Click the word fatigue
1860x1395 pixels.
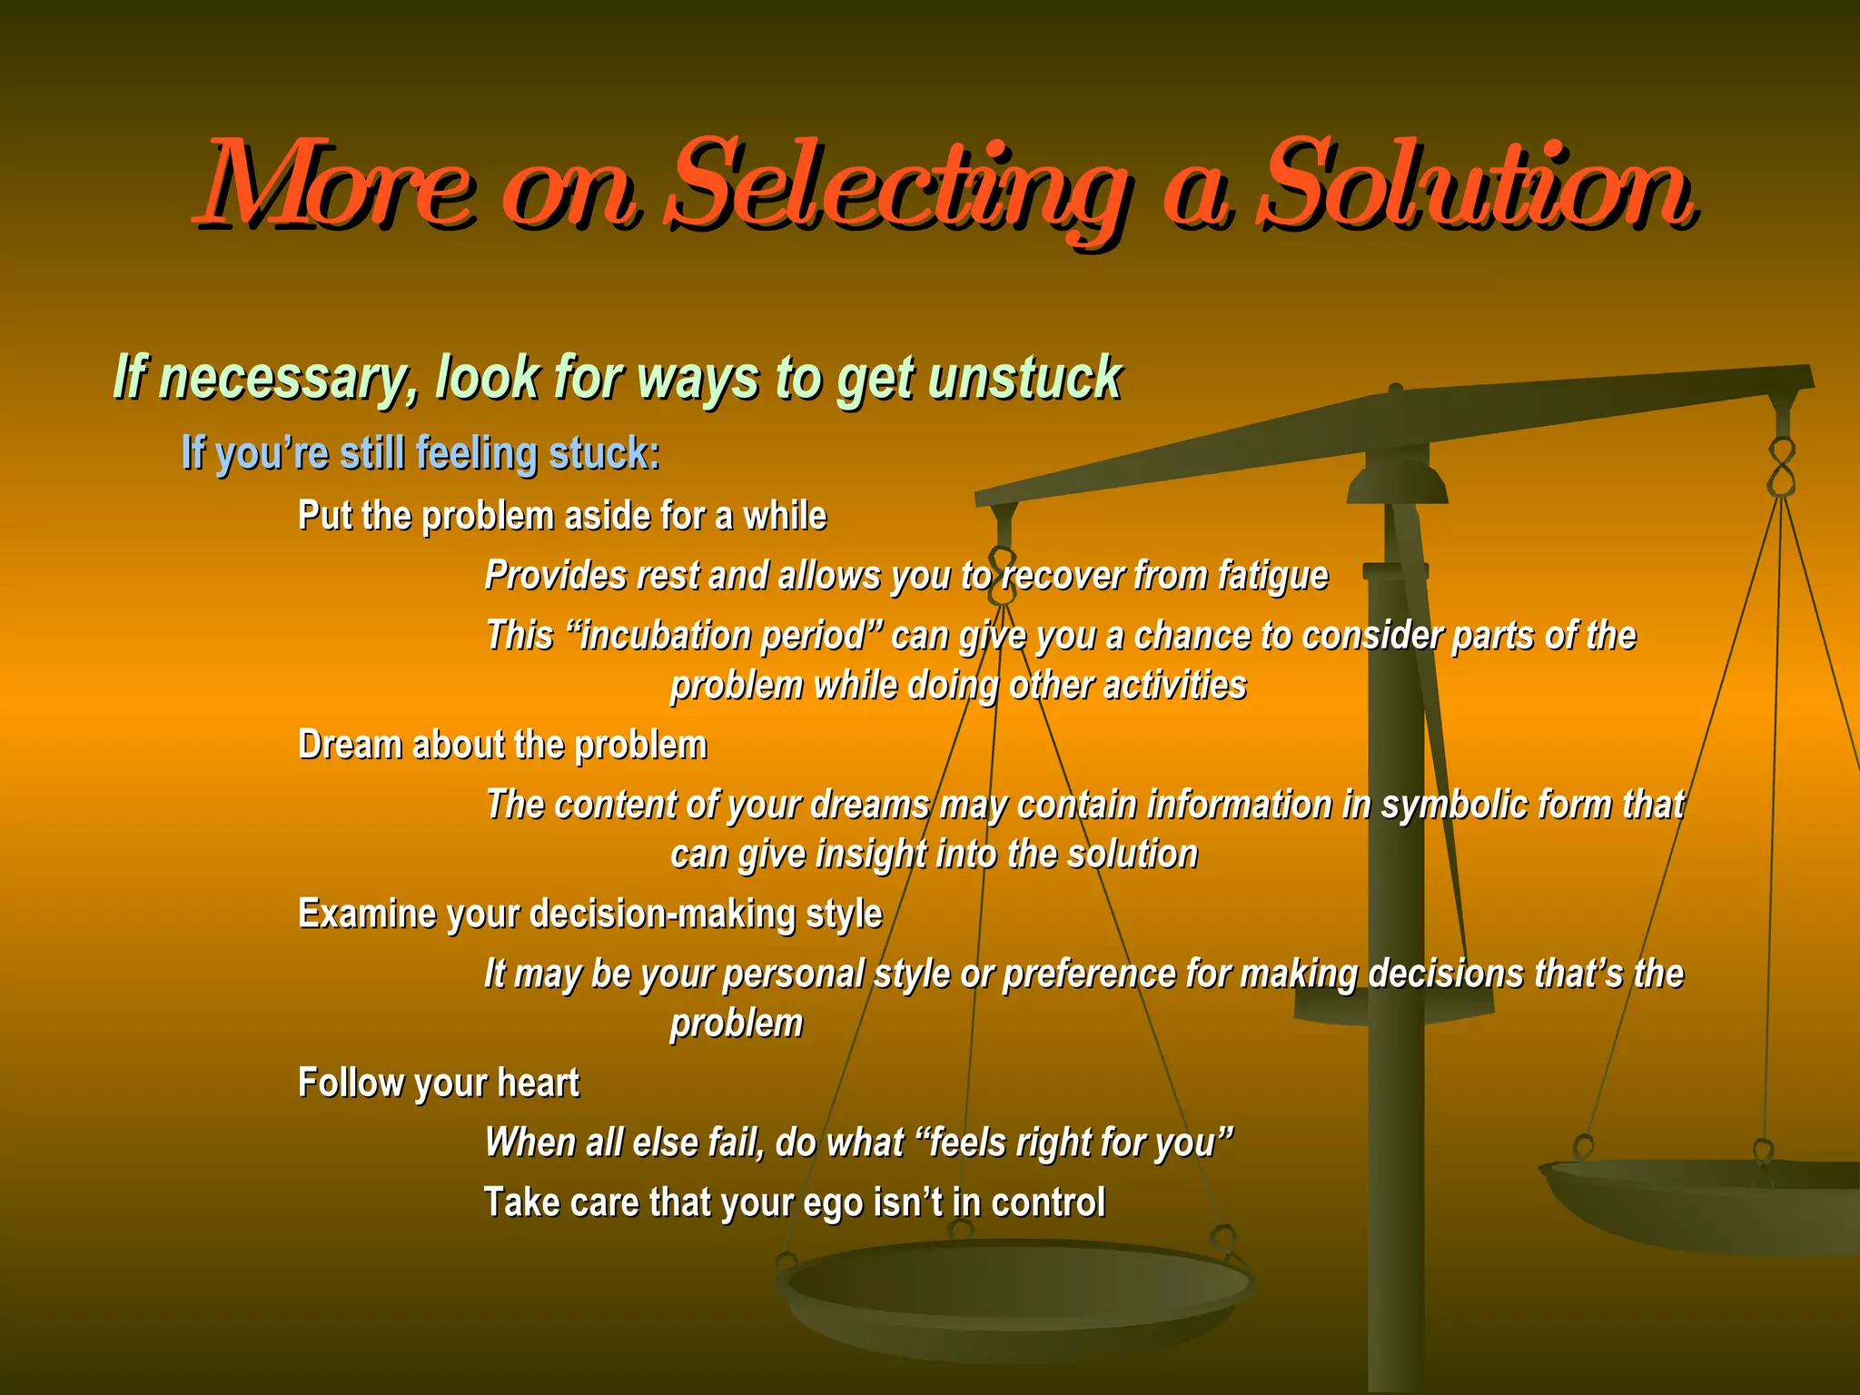(1271, 576)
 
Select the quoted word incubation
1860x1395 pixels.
(722, 636)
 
